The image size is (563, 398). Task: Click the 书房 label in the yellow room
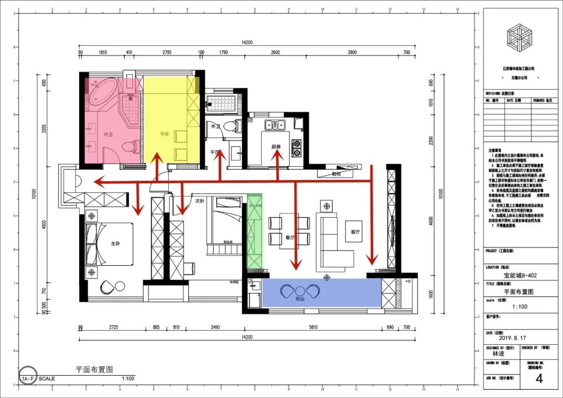165,134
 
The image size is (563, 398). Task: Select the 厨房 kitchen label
276,147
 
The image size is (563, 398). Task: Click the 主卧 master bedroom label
116,243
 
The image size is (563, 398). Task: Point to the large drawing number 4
539,379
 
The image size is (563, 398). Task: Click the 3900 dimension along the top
352,53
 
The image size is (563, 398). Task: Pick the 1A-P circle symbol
29,379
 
